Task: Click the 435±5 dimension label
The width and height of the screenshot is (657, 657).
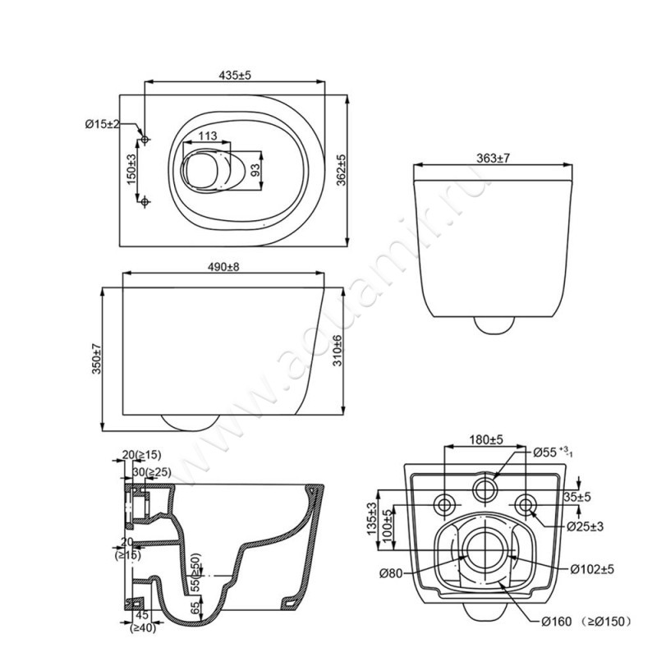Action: click(235, 75)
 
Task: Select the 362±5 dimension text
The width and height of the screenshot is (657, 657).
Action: click(342, 170)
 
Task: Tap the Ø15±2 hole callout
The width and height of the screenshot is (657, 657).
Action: click(102, 124)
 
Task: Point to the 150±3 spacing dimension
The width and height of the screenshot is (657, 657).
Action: click(131, 170)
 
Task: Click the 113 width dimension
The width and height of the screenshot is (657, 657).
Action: click(208, 136)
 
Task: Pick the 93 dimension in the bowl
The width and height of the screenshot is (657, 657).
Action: click(255, 170)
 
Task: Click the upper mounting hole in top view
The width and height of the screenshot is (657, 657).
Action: click(145, 140)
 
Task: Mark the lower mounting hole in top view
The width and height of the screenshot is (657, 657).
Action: click(145, 202)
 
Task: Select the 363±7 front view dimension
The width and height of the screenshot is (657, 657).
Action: click(494, 159)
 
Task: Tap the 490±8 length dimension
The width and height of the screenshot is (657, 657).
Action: click(223, 267)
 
